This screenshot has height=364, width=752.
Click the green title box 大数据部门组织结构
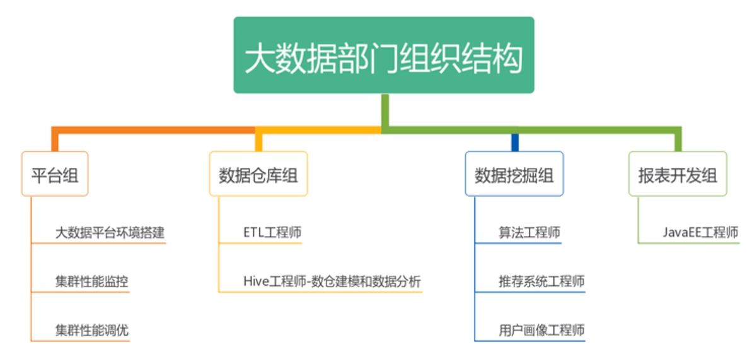pos(383,56)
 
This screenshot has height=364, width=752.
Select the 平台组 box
pos(55,173)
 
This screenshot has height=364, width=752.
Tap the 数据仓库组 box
pos(258,174)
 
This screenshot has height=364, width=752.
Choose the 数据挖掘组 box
pos(514,174)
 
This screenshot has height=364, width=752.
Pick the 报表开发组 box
pos(677,174)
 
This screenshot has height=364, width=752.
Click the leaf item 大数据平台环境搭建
pos(110,232)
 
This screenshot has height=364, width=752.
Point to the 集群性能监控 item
pos(91,281)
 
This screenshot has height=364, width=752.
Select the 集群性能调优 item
pos(91,330)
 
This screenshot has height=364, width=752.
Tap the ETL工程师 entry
pos(272,232)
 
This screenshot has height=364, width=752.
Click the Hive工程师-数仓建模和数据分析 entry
pos(332,281)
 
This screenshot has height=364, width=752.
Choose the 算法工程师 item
pos(529,232)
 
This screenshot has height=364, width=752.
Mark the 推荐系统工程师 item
pos(541,281)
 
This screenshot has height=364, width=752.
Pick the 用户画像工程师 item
pos(541,330)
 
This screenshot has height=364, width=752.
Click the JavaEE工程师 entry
pos(700,232)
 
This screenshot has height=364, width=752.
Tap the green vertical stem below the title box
pos(385,110)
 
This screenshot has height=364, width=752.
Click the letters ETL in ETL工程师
pos(254,232)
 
